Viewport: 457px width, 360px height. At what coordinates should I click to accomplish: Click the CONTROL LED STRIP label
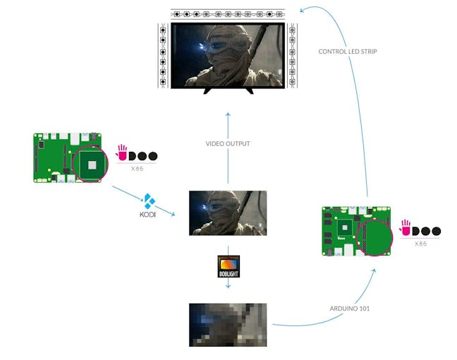(x=348, y=52)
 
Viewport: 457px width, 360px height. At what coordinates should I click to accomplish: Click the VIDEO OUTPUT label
(x=228, y=144)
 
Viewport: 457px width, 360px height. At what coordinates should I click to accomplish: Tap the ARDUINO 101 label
(x=350, y=308)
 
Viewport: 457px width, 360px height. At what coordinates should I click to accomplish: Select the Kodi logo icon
(x=148, y=201)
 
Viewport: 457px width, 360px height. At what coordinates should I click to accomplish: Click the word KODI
(x=147, y=215)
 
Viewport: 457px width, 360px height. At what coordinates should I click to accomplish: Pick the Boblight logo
(x=228, y=266)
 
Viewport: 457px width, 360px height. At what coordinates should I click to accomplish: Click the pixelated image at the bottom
(x=228, y=325)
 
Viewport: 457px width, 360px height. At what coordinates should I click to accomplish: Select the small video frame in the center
(x=228, y=213)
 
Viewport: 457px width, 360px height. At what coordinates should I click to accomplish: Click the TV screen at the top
(x=228, y=56)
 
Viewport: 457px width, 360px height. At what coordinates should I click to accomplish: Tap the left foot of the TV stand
(x=207, y=91)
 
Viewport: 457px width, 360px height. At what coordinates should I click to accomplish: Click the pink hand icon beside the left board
(x=122, y=152)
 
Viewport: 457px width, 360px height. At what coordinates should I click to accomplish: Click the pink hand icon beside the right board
(x=405, y=227)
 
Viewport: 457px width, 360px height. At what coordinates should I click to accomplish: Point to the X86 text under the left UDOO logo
(x=137, y=169)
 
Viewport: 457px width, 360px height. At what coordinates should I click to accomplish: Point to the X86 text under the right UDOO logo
(x=420, y=244)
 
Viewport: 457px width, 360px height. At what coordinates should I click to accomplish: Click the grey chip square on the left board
(x=92, y=165)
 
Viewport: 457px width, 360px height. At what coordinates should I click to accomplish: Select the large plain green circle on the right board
(x=374, y=237)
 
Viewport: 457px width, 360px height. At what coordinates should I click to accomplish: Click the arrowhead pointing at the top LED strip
(x=303, y=10)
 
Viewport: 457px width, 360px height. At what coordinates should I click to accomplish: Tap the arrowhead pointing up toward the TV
(x=228, y=114)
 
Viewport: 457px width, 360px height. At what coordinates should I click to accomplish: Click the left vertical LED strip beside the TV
(x=163, y=56)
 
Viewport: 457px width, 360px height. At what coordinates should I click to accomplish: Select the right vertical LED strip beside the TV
(x=293, y=56)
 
